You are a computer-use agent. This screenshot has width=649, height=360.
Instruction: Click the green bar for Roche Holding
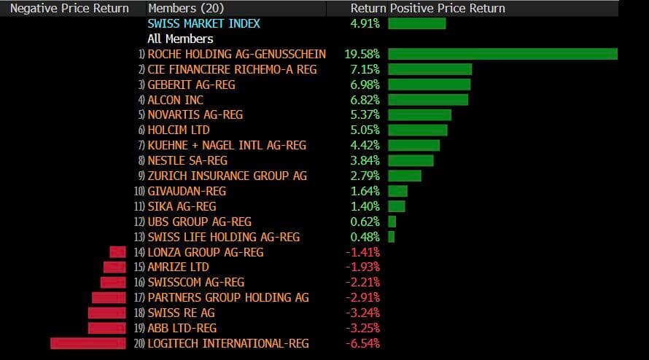[502, 54]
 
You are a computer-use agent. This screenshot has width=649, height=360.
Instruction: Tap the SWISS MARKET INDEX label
[203, 23]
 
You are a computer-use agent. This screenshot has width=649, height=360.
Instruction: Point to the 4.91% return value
[365, 23]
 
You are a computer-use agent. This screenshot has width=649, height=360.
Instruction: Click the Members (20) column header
[186, 8]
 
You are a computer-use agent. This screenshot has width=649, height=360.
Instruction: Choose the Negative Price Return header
[69, 8]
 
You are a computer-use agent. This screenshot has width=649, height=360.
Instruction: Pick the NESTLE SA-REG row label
[187, 160]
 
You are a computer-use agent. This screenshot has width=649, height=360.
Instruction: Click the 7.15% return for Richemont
[365, 69]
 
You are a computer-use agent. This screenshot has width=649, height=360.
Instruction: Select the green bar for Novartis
[419, 115]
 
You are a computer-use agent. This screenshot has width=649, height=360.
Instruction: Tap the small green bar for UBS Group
[392, 222]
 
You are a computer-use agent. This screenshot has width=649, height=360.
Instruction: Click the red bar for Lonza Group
[118, 252]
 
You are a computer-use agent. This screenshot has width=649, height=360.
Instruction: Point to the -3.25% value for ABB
[362, 328]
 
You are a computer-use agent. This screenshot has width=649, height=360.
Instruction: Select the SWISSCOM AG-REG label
[196, 282]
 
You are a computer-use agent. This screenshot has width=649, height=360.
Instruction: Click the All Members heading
[180, 39]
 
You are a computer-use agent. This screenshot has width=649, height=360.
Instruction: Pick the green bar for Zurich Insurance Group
[405, 176]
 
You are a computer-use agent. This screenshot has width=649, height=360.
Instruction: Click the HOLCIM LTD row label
[179, 130]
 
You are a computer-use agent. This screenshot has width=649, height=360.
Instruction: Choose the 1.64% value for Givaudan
[365, 191]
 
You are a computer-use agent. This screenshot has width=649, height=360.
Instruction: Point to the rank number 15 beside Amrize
[139, 267]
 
